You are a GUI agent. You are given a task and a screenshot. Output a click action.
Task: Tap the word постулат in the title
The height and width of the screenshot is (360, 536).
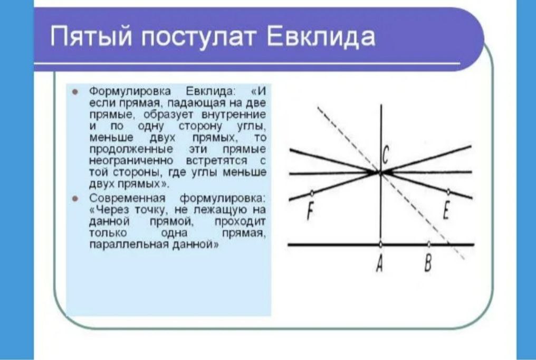coord(198,36)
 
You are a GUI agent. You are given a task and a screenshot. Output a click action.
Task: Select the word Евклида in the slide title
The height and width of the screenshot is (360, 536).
coord(321,36)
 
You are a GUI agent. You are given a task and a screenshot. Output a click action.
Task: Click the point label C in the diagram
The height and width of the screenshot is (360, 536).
coord(385,155)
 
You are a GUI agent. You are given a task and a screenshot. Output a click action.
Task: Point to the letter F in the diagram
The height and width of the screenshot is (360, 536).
coord(310,211)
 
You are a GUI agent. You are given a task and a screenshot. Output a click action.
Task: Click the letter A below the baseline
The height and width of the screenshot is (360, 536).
coord(379,263)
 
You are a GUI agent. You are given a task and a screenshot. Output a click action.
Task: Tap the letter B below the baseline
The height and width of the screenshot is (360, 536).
coord(428,263)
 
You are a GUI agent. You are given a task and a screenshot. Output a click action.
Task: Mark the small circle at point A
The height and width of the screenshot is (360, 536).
coord(381,244)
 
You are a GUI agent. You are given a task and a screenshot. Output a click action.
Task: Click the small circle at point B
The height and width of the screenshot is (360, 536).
coord(429,244)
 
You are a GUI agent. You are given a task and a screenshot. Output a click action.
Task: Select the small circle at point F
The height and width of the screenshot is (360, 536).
coord(312,194)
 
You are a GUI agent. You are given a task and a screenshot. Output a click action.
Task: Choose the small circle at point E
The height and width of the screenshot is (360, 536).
coord(448,192)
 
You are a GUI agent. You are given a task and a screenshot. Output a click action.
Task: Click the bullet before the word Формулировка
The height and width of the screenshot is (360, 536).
coord(75,92)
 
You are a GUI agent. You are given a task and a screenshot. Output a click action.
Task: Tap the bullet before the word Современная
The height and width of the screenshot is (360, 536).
coord(75,198)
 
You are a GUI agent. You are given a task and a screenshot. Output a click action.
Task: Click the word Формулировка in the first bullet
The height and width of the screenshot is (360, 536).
coord(130,91)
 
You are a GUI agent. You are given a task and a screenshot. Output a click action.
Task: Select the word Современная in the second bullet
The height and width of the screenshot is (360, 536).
coord(127,198)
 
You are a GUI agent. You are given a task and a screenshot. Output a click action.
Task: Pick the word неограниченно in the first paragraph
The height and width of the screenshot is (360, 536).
coord(131,160)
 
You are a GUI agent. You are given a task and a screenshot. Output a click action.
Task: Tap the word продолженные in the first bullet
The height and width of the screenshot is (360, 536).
coord(131,149)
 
